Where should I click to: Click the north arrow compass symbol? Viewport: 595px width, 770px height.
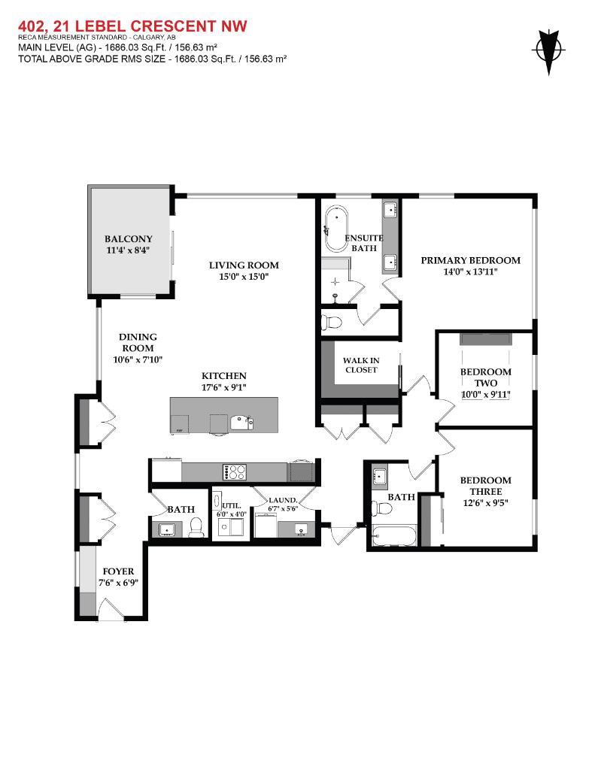pyautogui.click(x=548, y=51)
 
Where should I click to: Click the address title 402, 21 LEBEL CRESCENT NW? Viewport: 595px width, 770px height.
pyautogui.click(x=132, y=27)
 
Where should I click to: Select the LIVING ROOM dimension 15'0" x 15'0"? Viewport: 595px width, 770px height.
pyautogui.click(x=244, y=277)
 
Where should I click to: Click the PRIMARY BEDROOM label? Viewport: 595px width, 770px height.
pyautogui.click(x=469, y=260)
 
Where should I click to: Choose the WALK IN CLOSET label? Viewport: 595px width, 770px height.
pyautogui.click(x=362, y=365)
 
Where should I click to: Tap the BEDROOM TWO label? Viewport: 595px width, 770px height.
pyautogui.click(x=485, y=377)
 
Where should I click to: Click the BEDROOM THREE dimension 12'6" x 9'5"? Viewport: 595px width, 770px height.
pyautogui.click(x=485, y=504)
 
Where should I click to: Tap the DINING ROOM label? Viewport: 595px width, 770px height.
pyautogui.click(x=137, y=343)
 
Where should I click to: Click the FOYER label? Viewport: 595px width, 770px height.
pyautogui.click(x=118, y=571)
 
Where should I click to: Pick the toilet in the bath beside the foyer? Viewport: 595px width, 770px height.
pyautogui.click(x=196, y=528)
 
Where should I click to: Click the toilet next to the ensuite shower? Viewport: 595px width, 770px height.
pyautogui.click(x=330, y=323)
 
